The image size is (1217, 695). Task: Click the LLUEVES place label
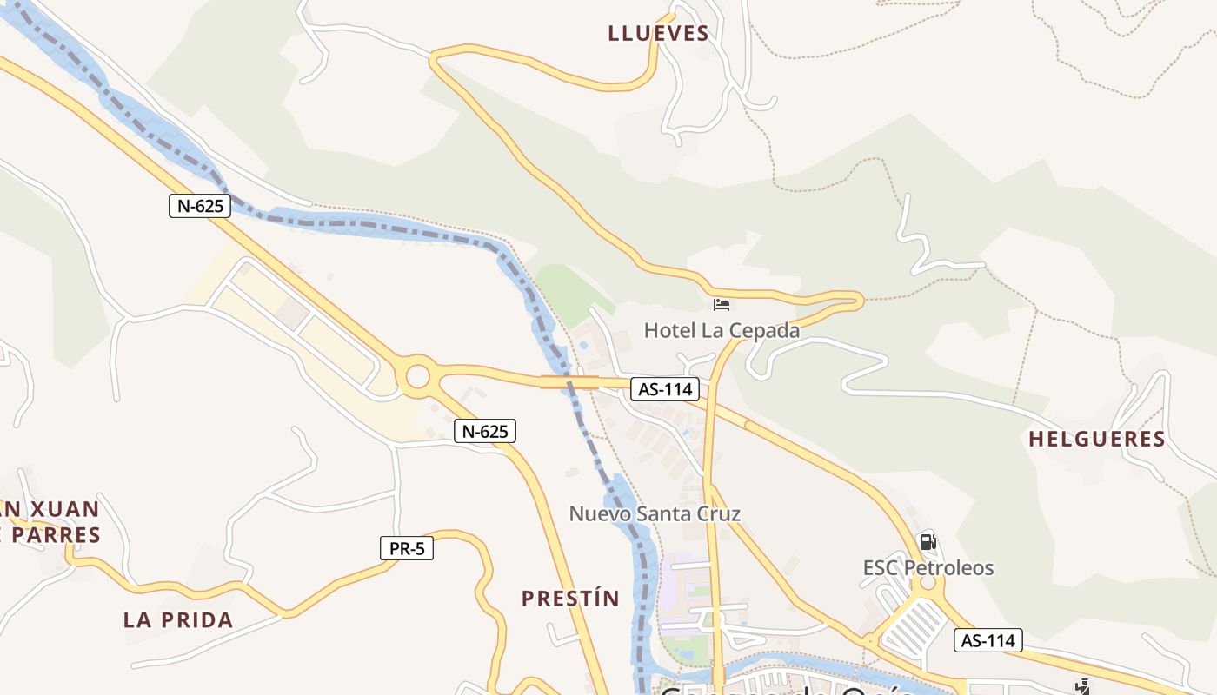[x=658, y=34]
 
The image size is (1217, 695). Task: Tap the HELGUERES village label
[x=1096, y=439]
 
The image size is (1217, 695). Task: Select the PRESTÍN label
[x=570, y=598]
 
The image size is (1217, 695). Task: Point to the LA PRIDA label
[x=178, y=619]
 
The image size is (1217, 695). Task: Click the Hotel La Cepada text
[x=722, y=330]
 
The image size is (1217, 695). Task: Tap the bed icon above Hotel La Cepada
[x=722, y=304]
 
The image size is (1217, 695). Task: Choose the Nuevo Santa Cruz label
[x=655, y=513]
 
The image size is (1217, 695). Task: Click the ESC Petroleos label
[x=928, y=567]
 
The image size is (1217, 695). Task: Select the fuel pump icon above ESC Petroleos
[x=928, y=542]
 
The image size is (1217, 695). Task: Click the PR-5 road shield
[x=407, y=548]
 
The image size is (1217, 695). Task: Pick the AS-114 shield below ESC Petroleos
[x=988, y=641]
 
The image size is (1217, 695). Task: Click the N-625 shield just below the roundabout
[x=484, y=430]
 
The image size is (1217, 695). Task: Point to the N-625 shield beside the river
[x=200, y=206]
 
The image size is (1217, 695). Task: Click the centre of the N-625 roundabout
[x=418, y=377]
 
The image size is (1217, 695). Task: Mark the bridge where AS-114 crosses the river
[x=569, y=381]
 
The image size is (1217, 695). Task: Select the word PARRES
[x=57, y=534]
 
